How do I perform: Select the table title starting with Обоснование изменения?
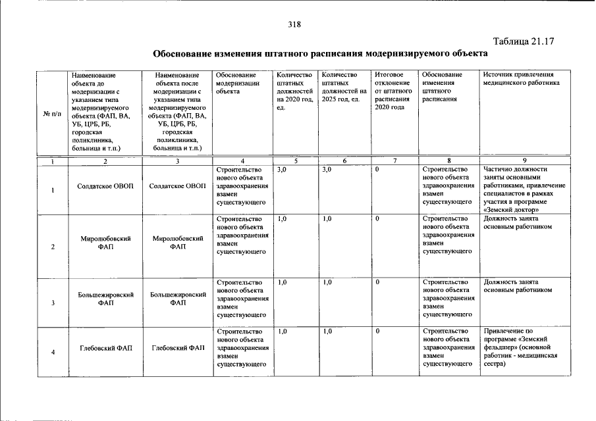click(x=320, y=53)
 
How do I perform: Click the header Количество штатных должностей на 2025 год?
click(x=343, y=87)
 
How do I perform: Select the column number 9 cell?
click(x=524, y=161)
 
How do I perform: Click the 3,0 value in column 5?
click(x=283, y=170)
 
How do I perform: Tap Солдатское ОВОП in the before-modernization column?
click(x=105, y=187)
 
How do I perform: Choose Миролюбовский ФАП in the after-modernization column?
click(x=176, y=242)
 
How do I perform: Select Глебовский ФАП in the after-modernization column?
click(x=176, y=347)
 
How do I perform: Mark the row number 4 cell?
click(x=51, y=352)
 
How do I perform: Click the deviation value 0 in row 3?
click(x=378, y=282)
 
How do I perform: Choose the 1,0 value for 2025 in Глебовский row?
click(x=327, y=331)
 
